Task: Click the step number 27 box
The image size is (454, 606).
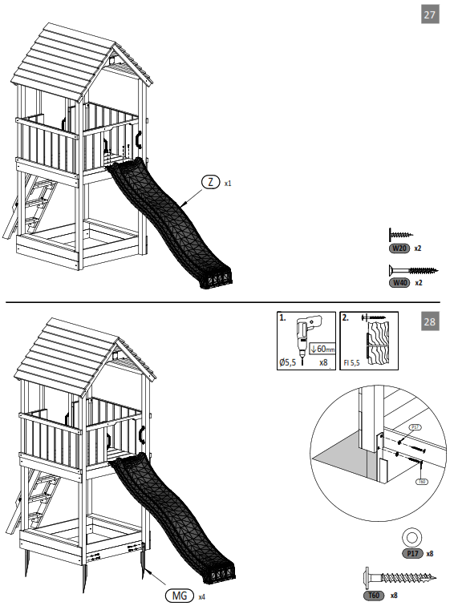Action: pos(430,15)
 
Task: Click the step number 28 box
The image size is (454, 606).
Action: pos(430,322)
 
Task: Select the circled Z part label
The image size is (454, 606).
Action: pos(210,183)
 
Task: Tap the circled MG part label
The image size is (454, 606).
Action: pos(178,596)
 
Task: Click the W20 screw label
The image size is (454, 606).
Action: pos(399,248)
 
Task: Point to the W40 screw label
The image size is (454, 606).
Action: pos(399,283)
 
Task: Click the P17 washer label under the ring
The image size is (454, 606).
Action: pos(411,553)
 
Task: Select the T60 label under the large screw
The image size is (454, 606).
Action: pos(373,595)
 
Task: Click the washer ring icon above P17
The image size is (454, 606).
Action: pos(411,536)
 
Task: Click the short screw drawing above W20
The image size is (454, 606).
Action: pos(400,235)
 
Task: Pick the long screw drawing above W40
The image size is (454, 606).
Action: pos(411,270)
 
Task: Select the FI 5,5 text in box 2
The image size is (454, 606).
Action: pos(351,363)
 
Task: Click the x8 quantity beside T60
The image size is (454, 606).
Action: pos(394,595)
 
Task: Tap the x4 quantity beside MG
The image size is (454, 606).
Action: pos(201,596)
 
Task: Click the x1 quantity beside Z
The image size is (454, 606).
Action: pos(228,184)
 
